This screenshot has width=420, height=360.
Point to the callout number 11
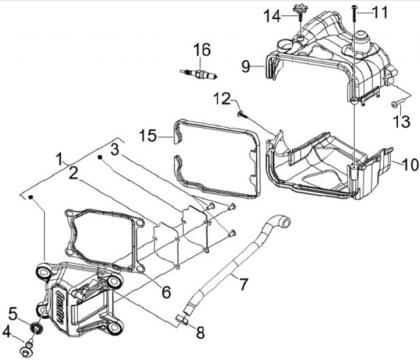point(380,12)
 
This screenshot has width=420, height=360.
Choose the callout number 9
point(246,65)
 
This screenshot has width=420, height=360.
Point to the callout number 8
point(200,333)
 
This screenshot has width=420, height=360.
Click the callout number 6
point(166,292)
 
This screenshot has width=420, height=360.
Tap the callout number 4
point(7,332)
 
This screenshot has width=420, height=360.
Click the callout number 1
point(59,158)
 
